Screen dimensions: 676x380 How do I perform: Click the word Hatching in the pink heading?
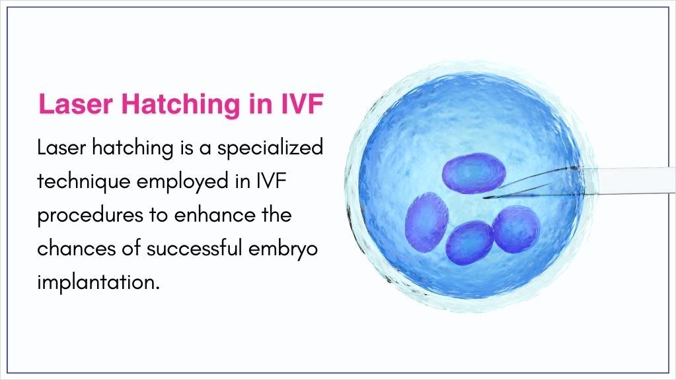point(180,105)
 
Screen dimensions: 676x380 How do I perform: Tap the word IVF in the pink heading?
point(302,104)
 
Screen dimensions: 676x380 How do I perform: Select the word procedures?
point(90,216)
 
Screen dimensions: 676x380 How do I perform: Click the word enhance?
point(214,214)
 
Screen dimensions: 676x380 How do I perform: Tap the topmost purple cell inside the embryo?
point(474,173)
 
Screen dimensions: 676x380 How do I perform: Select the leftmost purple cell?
point(426,221)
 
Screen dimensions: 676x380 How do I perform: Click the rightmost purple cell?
point(516,228)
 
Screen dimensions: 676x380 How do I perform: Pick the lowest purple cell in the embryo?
point(469,243)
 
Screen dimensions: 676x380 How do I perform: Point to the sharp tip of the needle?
point(484,198)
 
